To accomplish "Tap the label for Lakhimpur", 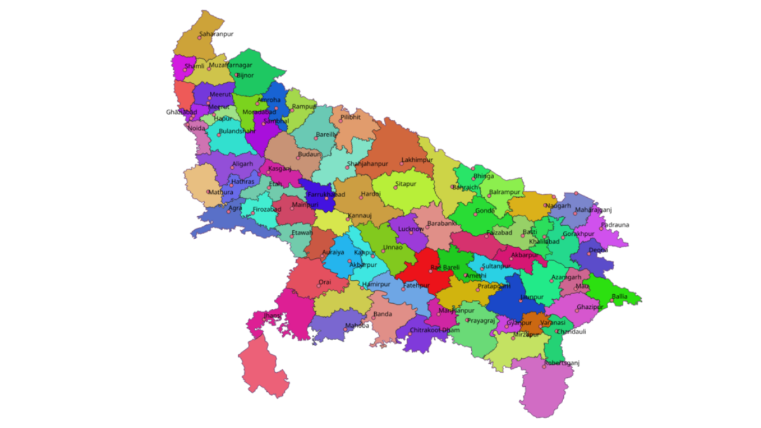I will (416, 160).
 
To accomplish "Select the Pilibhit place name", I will (350, 117).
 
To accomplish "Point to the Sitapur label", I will (406, 184).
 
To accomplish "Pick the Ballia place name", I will (620, 296).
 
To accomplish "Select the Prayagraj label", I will (480, 320).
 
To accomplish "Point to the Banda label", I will (382, 314).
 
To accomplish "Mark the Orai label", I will (325, 282).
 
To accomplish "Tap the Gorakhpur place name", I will (578, 233).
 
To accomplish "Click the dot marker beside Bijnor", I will (237, 75).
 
